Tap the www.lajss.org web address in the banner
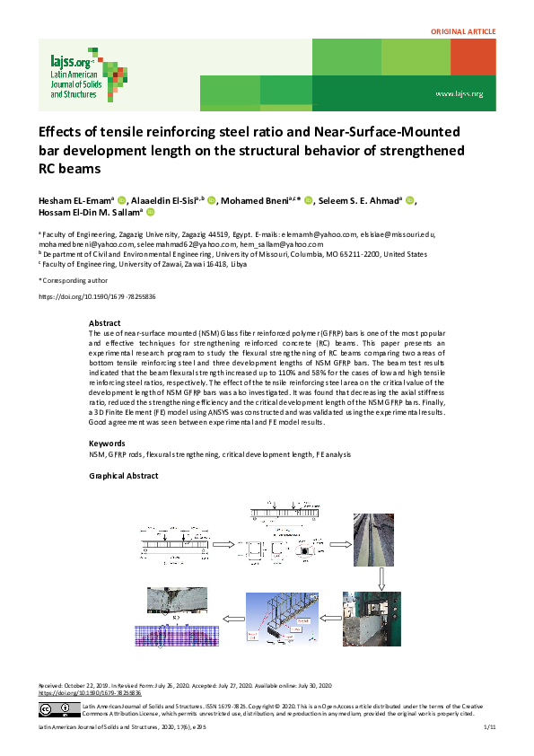(x=459, y=93)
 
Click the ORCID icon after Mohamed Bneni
(x=308, y=200)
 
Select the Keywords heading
(x=107, y=444)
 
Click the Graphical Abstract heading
(x=125, y=476)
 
